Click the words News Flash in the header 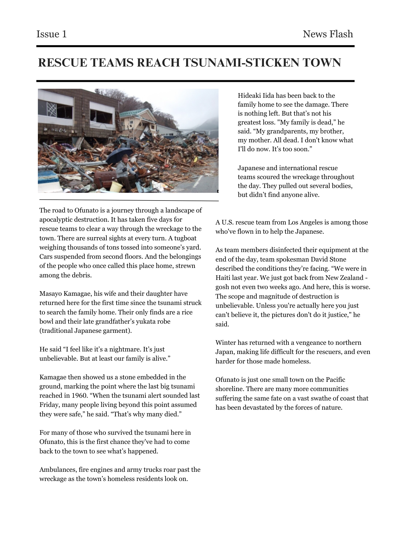328,34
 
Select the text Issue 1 52,34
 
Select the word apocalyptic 56,220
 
